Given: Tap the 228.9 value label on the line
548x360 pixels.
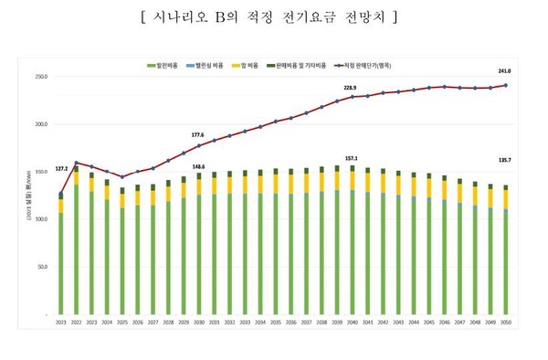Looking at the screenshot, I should tap(350, 88).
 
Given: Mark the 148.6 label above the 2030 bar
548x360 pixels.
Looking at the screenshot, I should tap(199, 165).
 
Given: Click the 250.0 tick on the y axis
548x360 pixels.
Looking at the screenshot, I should tap(40, 77).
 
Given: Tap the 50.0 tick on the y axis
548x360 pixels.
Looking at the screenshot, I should tap(41, 267).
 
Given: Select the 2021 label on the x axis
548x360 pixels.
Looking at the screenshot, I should tap(61, 321).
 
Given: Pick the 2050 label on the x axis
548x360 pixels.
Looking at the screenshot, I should tap(503, 321).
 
